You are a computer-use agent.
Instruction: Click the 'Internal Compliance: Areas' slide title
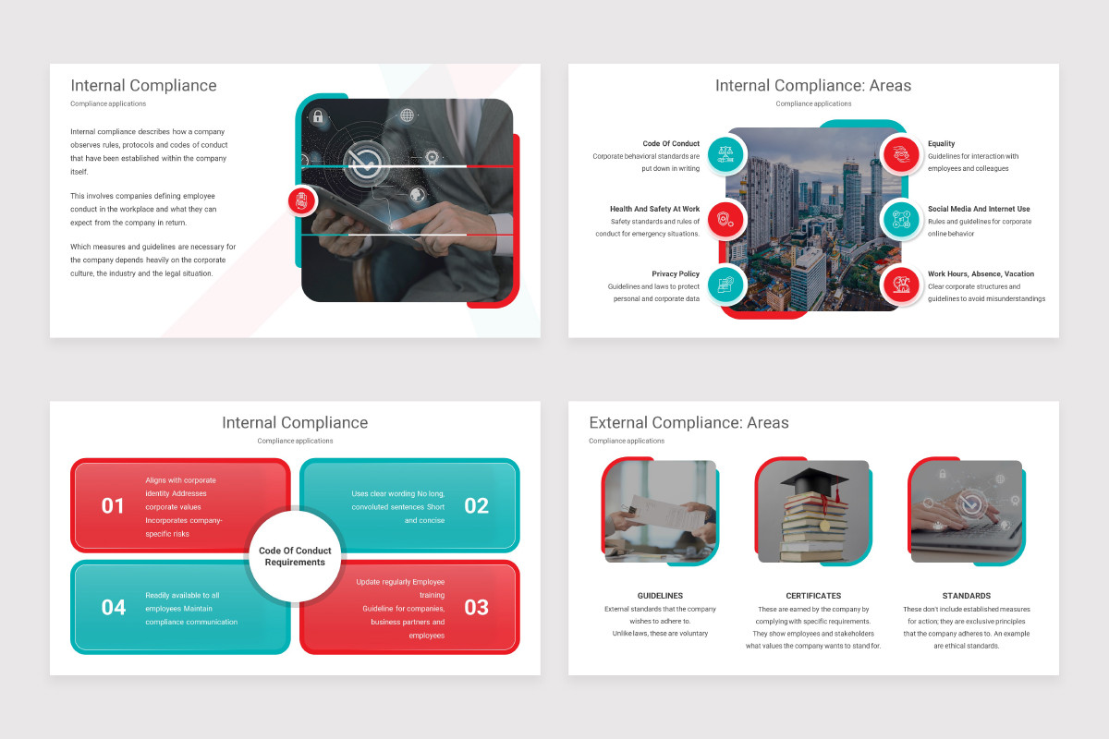tap(812, 86)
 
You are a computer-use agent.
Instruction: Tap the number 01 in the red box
tap(113, 505)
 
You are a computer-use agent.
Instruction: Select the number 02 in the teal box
tap(476, 505)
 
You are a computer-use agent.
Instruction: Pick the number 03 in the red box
tap(476, 607)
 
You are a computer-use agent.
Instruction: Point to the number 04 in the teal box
tap(114, 607)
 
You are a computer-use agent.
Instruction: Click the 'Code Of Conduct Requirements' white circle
tap(295, 556)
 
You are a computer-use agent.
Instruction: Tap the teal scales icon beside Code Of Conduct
tap(725, 153)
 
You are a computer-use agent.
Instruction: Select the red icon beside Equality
tap(899, 153)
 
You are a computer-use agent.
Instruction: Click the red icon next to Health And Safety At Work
tap(725, 220)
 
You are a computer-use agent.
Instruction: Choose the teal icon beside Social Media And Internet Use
tap(899, 220)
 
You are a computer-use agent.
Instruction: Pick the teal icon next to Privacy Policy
tap(725, 285)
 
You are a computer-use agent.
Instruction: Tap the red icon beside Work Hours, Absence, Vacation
tap(899, 285)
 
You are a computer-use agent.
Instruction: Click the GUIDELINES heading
tap(660, 596)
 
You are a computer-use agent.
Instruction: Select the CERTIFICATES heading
tap(813, 596)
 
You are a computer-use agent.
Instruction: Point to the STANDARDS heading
tap(967, 596)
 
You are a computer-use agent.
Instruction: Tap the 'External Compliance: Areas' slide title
tap(689, 423)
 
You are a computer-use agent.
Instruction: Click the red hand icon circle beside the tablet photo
tap(302, 200)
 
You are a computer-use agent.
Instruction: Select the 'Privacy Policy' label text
tap(676, 274)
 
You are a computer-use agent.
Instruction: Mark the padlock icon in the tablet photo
tap(318, 117)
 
